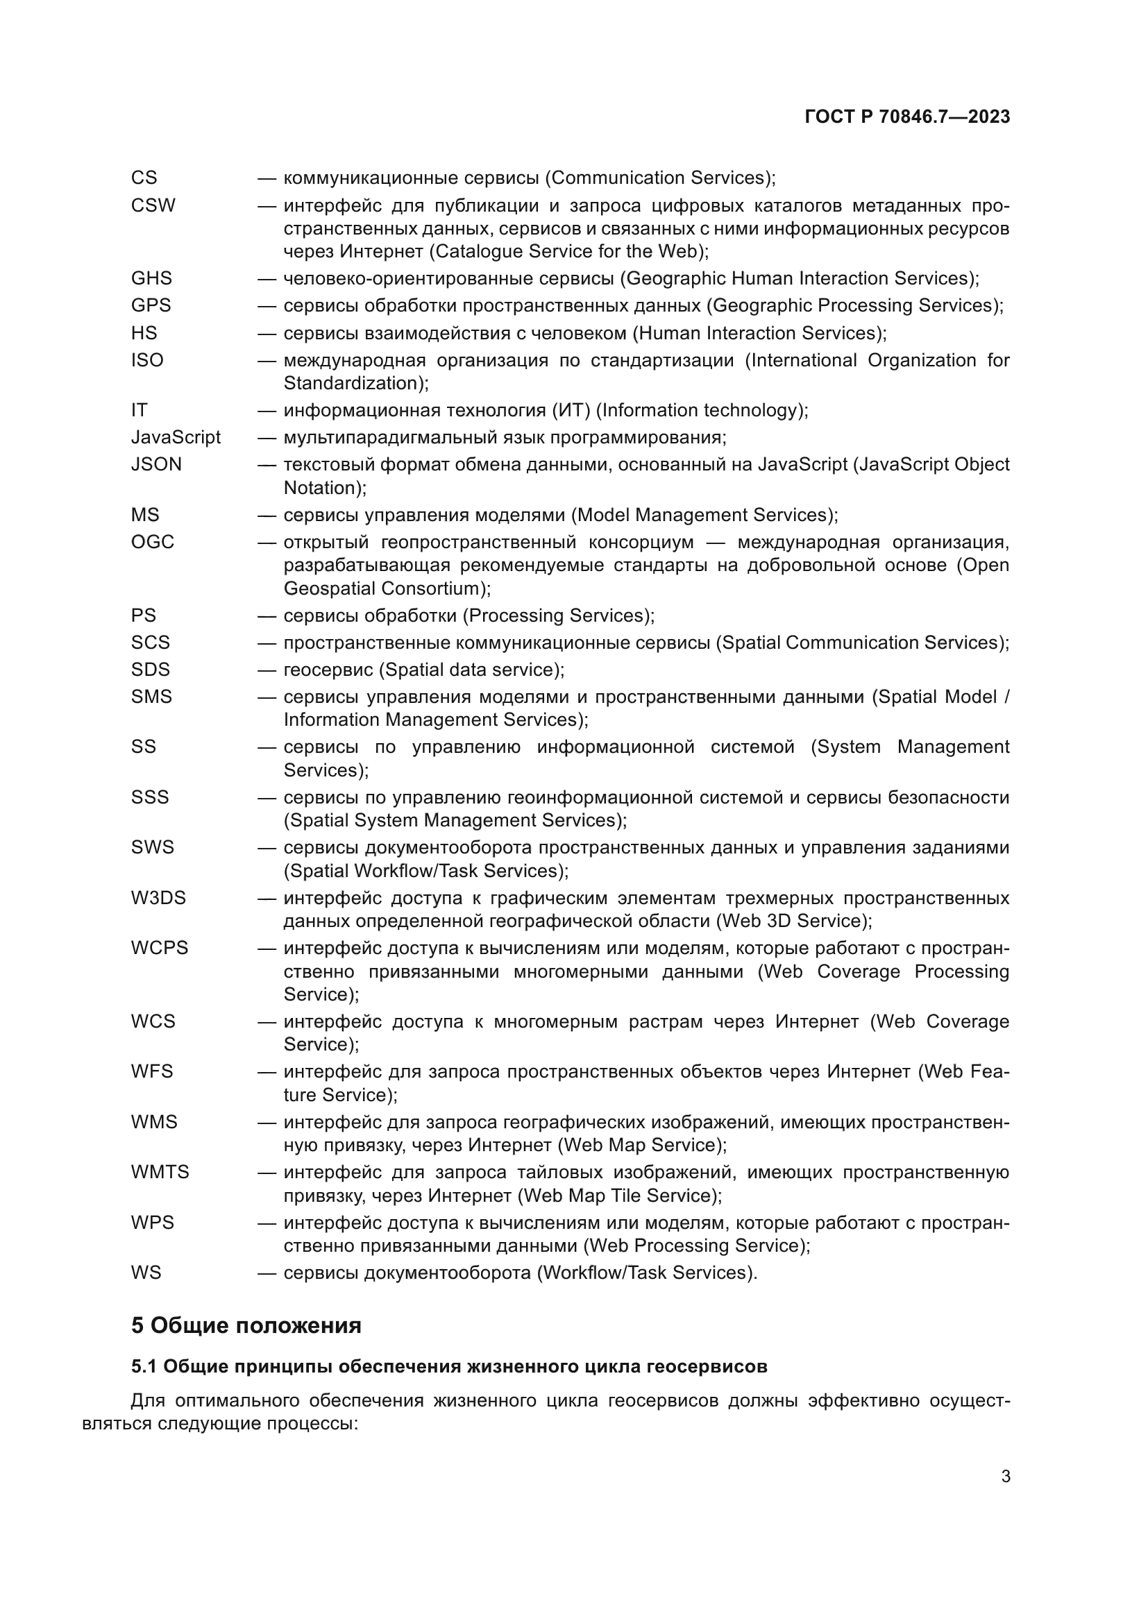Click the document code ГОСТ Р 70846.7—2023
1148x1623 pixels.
point(907,117)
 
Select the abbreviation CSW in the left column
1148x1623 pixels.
point(153,205)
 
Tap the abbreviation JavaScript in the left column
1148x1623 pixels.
point(176,438)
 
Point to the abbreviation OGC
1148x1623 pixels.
point(152,542)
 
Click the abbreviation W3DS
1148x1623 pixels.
point(158,899)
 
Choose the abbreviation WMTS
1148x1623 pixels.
point(160,1173)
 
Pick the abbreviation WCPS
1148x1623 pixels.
point(159,948)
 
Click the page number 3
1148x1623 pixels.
point(1005,1477)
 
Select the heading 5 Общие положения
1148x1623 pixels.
point(246,1325)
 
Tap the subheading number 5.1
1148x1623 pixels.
point(144,1367)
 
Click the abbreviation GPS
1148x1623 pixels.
point(151,305)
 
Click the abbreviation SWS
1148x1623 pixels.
point(152,847)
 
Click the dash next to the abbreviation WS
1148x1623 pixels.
point(267,1273)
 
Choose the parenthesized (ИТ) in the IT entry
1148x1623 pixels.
point(573,411)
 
